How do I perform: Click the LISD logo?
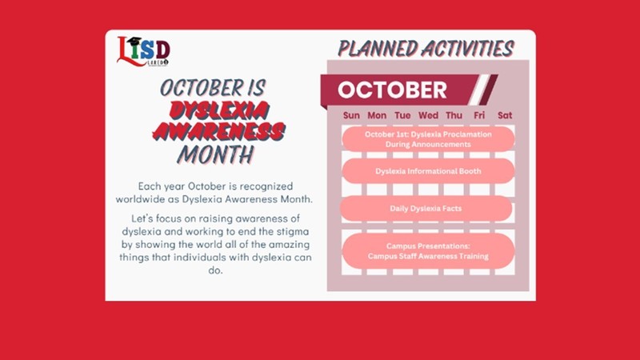point(143,51)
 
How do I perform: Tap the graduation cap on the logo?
point(134,42)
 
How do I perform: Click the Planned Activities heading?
point(426,48)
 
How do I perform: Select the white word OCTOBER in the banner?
point(392,90)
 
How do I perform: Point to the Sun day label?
point(351,115)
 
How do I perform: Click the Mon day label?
point(377,115)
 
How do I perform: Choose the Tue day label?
point(402,115)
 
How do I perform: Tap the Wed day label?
point(428,115)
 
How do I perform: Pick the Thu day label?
point(454,115)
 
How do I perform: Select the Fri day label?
point(479,115)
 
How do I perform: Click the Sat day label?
point(505,115)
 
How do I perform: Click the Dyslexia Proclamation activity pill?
point(428,139)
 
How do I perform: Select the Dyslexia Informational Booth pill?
point(428,171)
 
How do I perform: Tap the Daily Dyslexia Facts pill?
point(426,209)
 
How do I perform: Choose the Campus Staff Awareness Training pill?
point(428,251)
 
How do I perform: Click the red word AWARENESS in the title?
point(218,131)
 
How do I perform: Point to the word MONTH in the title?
point(216,154)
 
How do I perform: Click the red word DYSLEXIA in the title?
point(219,110)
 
